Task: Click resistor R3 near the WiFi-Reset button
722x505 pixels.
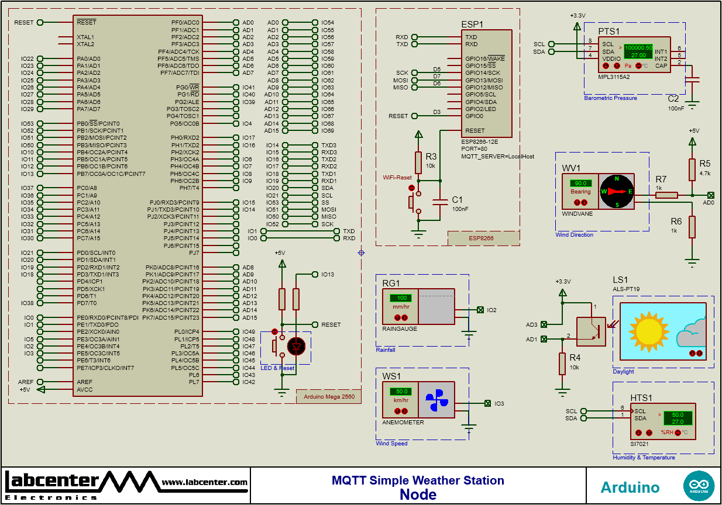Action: [x=418, y=162]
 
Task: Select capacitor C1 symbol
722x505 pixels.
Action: [x=441, y=202]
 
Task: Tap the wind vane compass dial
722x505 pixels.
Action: [x=617, y=191]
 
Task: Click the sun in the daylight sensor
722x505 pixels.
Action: [x=648, y=330]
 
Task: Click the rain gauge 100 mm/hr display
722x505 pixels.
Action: [x=401, y=298]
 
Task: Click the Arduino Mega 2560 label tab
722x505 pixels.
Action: [x=329, y=397]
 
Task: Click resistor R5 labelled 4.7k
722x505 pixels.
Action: [x=692, y=169]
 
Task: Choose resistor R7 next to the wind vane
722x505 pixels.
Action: [x=666, y=195]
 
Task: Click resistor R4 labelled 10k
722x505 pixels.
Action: [x=562, y=363]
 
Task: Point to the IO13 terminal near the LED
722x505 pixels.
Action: [x=316, y=274]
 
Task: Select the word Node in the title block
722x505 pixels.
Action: [x=418, y=494]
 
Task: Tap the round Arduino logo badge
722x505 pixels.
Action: [x=699, y=486]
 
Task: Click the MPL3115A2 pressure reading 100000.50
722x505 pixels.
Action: [x=638, y=47]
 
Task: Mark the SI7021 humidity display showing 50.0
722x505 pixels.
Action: [x=677, y=414]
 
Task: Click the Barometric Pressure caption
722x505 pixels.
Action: [x=610, y=98]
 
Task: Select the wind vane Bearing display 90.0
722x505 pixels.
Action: [x=580, y=184]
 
